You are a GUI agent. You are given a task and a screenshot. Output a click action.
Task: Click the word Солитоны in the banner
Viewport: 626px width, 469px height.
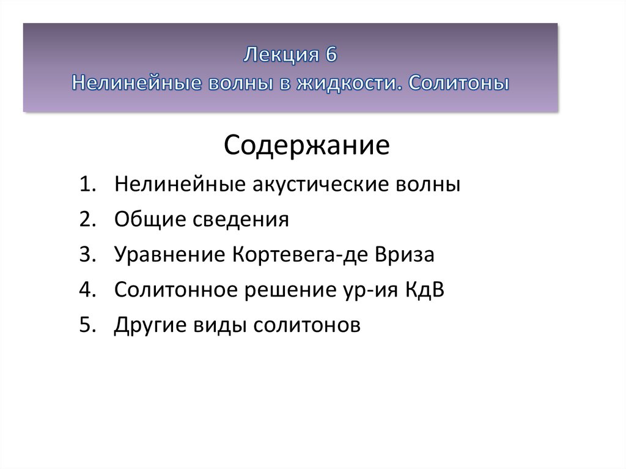tap(458, 83)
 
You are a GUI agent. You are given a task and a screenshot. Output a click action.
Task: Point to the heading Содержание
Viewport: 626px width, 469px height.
tap(306, 145)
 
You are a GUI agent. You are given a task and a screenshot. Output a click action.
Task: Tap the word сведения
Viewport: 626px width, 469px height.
tap(241, 220)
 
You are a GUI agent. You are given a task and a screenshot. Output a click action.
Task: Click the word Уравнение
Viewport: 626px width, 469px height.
tap(170, 254)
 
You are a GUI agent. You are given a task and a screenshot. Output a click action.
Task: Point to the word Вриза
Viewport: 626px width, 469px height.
tap(404, 254)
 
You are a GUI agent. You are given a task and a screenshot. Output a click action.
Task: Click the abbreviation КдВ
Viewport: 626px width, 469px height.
tap(425, 290)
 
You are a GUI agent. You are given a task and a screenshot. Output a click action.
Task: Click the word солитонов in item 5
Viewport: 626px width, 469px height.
tap(307, 325)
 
